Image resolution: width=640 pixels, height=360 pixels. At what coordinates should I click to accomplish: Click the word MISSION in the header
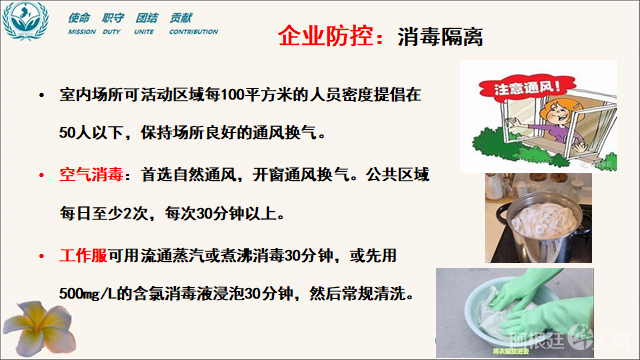[82, 32]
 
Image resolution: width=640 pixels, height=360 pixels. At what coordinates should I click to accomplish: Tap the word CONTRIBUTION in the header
[193, 32]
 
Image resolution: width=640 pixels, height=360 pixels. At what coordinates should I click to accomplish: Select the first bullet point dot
[40, 96]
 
